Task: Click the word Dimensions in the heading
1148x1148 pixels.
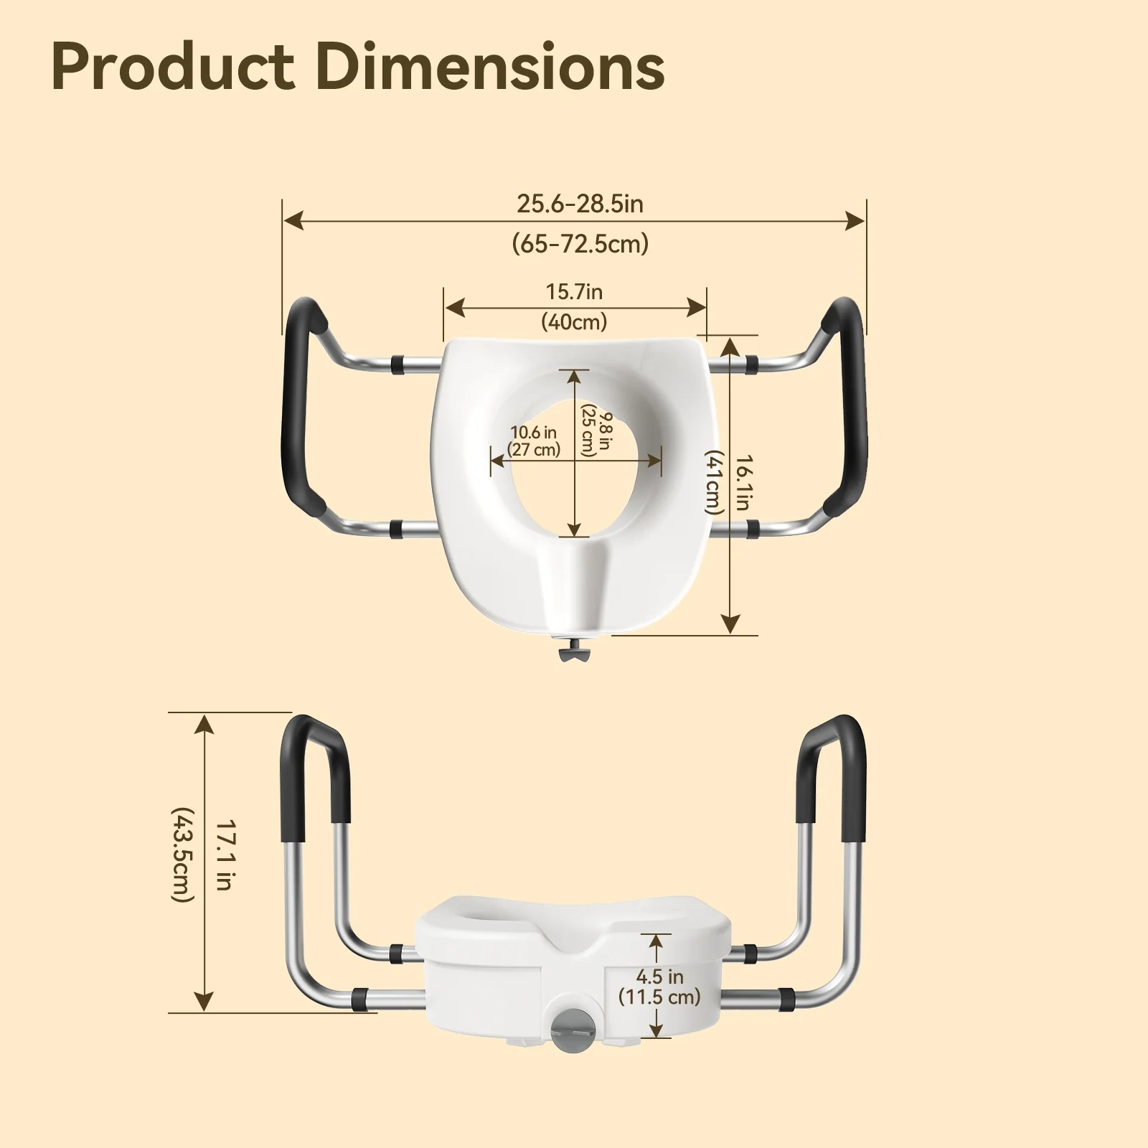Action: [x=490, y=67]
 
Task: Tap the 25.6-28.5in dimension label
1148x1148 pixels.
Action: [x=580, y=204]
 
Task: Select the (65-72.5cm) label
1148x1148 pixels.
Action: [x=580, y=244]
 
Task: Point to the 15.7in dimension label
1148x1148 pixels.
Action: [x=574, y=292]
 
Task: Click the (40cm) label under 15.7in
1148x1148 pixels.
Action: [x=574, y=321]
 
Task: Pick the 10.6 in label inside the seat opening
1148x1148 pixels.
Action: [x=534, y=433]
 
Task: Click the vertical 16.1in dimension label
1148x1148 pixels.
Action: [x=743, y=482]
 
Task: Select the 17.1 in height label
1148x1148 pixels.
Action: [x=224, y=855]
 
